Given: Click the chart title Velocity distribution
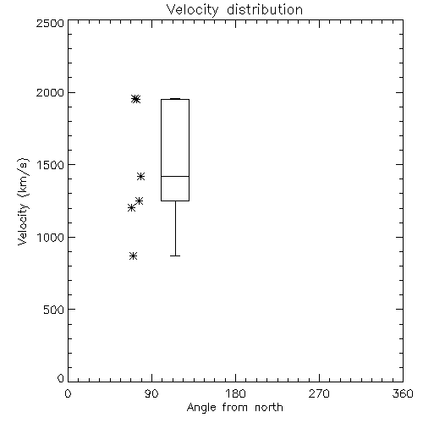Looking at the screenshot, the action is click(x=234, y=9).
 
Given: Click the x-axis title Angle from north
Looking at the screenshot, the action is click(x=234, y=408).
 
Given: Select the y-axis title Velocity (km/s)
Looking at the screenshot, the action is click(x=23, y=201).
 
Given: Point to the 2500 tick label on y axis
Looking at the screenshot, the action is click(x=50, y=23).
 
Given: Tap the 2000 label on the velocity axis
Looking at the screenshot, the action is click(x=50, y=92).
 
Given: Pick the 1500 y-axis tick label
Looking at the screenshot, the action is click(x=51, y=165).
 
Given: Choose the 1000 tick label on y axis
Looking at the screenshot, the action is click(x=51, y=238).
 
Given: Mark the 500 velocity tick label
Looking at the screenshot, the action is click(x=54, y=310).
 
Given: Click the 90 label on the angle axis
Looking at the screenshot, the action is click(x=151, y=393).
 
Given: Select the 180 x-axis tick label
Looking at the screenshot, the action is click(x=235, y=393).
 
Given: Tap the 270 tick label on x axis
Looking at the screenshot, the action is click(x=319, y=393).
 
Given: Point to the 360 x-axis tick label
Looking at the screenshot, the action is click(x=403, y=393).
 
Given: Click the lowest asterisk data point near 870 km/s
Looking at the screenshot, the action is click(x=134, y=256).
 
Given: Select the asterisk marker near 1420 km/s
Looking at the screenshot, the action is click(x=141, y=177).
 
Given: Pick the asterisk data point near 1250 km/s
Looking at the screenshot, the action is click(x=140, y=201).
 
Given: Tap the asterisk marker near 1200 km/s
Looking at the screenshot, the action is click(x=131, y=208).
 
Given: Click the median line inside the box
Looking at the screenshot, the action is click(x=175, y=176).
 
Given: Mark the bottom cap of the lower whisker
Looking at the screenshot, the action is click(x=175, y=255).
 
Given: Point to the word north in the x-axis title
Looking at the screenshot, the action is click(x=269, y=408).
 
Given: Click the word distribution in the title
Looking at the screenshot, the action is click(x=265, y=9).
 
